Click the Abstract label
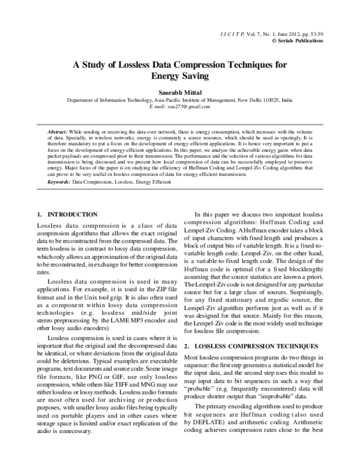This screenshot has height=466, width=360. tap(57, 131)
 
